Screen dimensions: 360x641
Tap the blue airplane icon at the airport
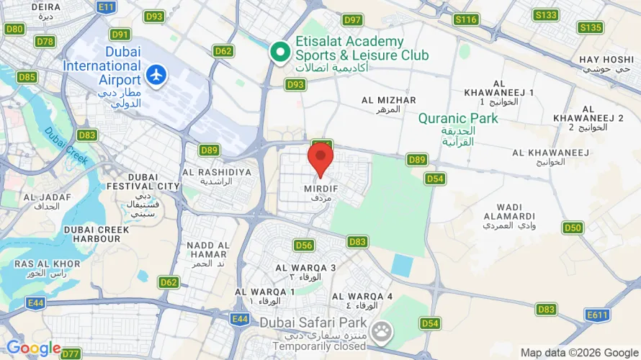156,73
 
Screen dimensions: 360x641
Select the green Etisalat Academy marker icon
280,53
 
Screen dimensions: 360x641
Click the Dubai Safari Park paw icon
384,331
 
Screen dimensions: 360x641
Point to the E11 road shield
106,7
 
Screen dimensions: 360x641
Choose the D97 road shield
353,20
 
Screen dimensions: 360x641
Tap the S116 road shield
467,19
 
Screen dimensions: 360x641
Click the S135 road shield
590,28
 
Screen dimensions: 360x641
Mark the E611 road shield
598,315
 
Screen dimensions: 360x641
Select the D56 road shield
304,246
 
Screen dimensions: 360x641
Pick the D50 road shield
573,228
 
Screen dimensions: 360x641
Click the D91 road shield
120,35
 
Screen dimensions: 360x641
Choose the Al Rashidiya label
217,176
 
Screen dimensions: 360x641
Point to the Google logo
34,348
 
